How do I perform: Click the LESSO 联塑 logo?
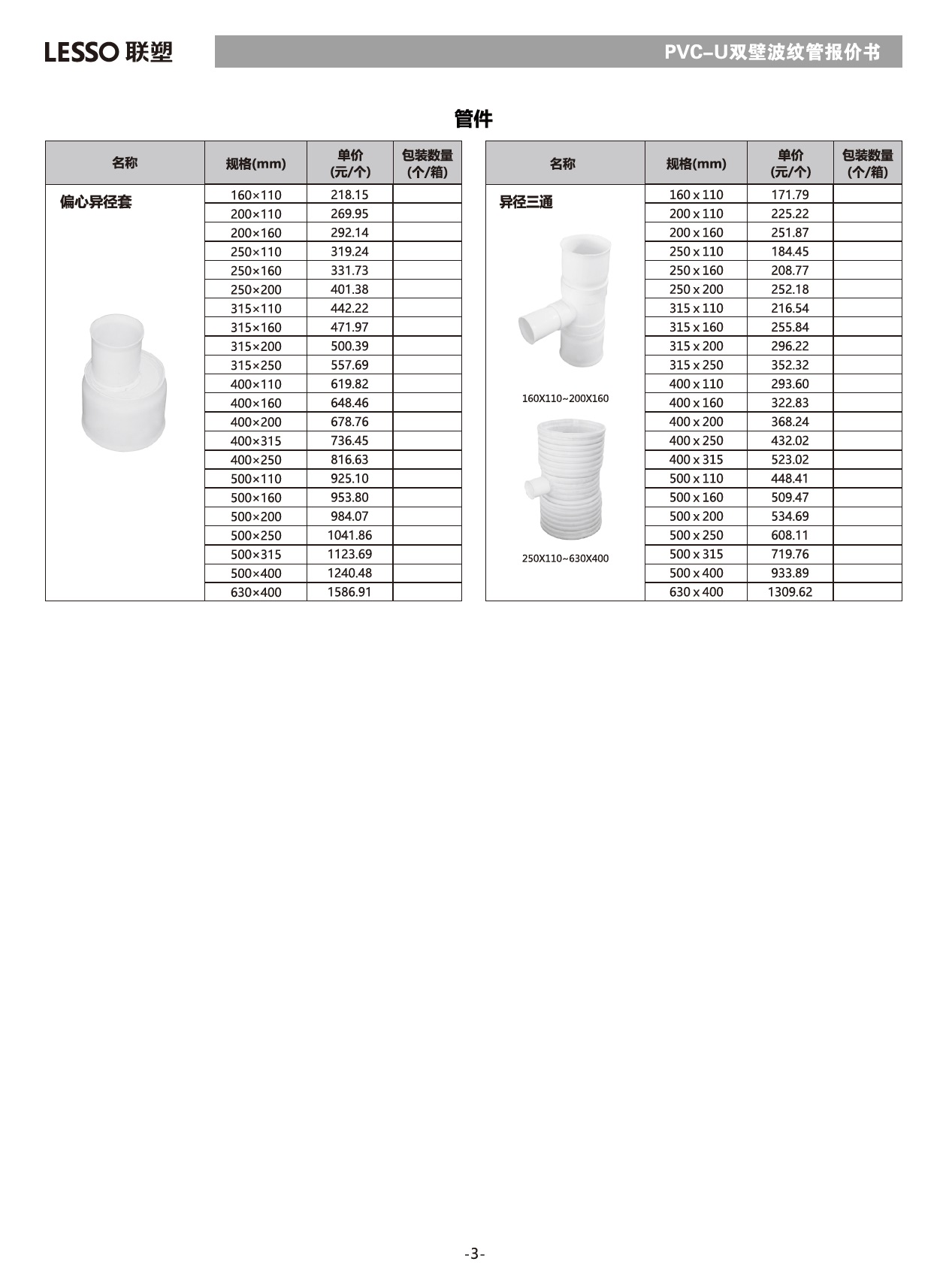pos(108,52)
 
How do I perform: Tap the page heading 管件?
pos(473,119)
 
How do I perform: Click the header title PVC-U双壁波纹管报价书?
pos(772,52)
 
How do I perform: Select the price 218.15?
pos(349,195)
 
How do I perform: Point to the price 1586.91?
pos(349,592)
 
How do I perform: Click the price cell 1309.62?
pos(790,592)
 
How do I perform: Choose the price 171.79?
pos(790,195)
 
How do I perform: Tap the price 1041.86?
pos(349,535)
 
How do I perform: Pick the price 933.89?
pos(790,573)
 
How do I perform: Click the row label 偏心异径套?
pos(95,202)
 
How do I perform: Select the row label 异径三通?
pos(526,202)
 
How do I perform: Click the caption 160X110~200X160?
pos(565,398)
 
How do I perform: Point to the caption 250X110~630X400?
pos(565,558)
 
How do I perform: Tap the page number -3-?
pos(474,1254)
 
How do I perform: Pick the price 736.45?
pos(349,440)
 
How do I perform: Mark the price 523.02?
pos(790,459)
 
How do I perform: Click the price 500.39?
pos(349,346)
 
